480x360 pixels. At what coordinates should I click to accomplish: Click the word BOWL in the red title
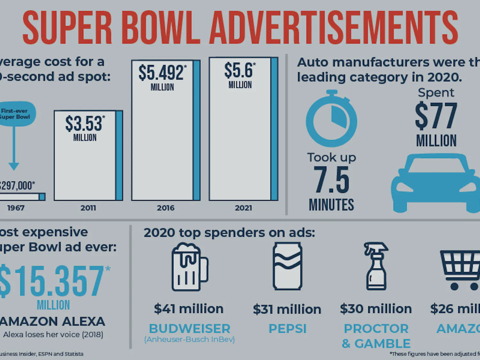click(x=161, y=28)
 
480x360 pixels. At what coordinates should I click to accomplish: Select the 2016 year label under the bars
click(x=165, y=208)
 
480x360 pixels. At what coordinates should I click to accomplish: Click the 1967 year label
click(x=16, y=208)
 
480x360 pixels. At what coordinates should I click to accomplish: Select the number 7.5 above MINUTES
click(x=332, y=180)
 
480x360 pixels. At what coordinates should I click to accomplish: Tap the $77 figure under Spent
click(x=436, y=116)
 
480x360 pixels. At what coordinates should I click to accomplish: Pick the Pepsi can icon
click(x=287, y=266)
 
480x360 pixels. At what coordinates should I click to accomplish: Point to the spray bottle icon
click(x=376, y=266)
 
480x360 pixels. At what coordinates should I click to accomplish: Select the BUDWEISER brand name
click(x=189, y=329)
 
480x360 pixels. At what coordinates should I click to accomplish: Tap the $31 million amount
click(x=287, y=309)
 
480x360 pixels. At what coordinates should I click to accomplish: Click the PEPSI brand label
click(x=287, y=329)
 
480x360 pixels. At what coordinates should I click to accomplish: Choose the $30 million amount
click(x=376, y=309)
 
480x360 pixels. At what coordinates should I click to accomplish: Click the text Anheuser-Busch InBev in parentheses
click(x=189, y=340)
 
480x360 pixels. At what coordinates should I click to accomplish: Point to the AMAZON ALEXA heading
click(x=52, y=321)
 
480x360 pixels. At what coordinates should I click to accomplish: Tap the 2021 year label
click(x=244, y=208)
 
